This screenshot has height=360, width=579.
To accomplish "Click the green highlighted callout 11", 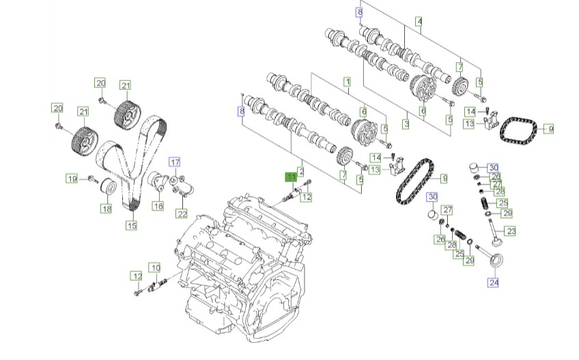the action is pyautogui.click(x=292, y=177).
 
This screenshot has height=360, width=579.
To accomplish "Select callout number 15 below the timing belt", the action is pyautogui.click(x=132, y=225).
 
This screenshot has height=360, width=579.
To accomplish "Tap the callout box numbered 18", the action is pyautogui.click(x=107, y=209).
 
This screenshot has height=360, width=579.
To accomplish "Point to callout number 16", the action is pyautogui.click(x=158, y=206).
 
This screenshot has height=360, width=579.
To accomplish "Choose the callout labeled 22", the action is pyautogui.click(x=182, y=214).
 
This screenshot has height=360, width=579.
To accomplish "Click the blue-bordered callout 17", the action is pyautogui.click(x=175, y=162).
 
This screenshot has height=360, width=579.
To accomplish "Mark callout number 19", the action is pyautogui.click(x=72, y=179).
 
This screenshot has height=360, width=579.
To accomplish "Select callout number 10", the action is pyautogui.click(x=155, y=268).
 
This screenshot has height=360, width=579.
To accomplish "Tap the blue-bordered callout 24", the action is pyautogui.click(x=494, y=283).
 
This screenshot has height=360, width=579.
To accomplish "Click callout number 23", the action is pyautogui.click(x=511, y=232).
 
